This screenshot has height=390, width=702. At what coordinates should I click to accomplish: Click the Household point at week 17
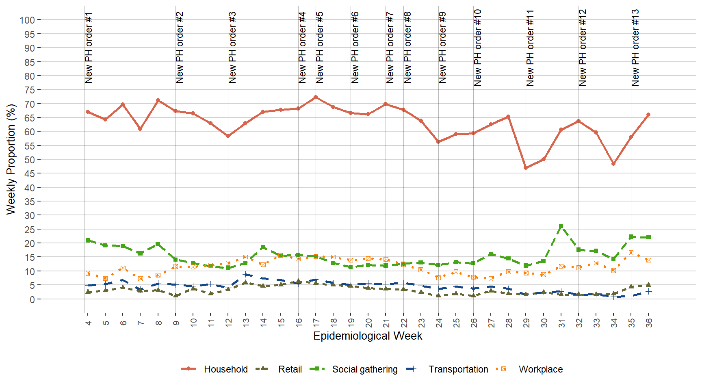[316, 97]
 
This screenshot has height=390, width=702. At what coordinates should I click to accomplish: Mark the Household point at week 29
[526, 168]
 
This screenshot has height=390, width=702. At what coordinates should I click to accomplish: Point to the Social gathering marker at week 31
[561, 226]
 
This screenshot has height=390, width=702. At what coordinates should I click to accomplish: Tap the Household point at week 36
[648, 115]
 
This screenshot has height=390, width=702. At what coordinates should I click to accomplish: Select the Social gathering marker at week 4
[88, 240]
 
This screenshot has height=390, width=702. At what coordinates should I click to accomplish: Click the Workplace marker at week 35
[631, 253]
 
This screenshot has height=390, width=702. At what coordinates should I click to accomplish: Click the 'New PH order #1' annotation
[89, 48]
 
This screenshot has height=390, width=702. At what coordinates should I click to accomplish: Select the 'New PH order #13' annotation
[635, 48]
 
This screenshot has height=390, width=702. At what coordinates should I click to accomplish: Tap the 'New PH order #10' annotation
[478, 48]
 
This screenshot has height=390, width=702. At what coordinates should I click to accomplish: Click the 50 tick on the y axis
[30, 160]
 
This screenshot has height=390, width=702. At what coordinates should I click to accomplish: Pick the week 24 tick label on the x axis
[439, 323]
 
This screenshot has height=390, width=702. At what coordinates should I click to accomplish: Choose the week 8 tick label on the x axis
[158, 323]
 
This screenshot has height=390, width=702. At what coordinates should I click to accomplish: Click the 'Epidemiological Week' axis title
[368, 336]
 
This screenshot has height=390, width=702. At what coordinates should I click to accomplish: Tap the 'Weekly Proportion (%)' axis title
[11, 159]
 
